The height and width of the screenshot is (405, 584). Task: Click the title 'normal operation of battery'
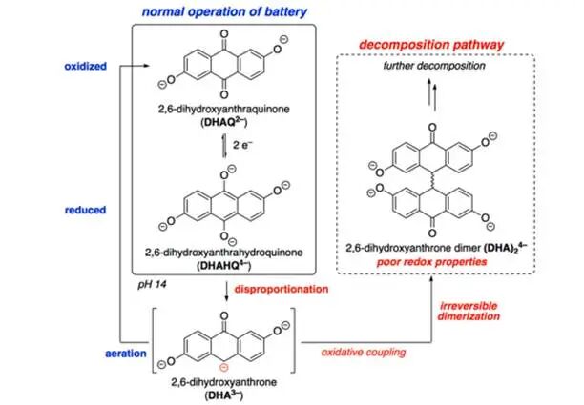click(224, 11)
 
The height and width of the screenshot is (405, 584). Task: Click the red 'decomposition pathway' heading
click(431, 45)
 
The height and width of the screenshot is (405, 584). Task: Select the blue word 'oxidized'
click(85, 66)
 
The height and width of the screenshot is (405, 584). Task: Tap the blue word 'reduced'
click(85, 210)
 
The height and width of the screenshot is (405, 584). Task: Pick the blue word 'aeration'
click(126, 353)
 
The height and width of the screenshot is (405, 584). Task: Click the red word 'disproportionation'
click(282, 289)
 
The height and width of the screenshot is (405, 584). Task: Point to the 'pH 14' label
click(152, 285)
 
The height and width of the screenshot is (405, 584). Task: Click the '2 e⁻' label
click(242, 145)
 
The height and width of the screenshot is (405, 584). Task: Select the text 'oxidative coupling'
click(364, 352)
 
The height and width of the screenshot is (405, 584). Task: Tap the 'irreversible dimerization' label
click(469, 312)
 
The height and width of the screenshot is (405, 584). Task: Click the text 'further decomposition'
click(434, 66)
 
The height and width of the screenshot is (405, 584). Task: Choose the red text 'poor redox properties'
click(432, 262)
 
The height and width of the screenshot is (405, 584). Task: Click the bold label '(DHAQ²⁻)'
click(224, 122)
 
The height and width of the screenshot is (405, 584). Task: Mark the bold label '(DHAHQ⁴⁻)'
click(224, 265)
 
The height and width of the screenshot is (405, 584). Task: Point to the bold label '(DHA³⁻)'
click(223, 395)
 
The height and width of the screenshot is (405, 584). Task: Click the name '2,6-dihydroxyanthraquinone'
click(224, 110)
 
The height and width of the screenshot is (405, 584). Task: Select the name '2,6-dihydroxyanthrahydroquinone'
click(224, 253)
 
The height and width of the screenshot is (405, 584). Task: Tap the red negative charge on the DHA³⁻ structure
click(223, 368)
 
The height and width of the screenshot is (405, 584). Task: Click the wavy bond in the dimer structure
click(432, 181)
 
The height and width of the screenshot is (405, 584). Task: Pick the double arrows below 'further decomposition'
click(432, 95)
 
